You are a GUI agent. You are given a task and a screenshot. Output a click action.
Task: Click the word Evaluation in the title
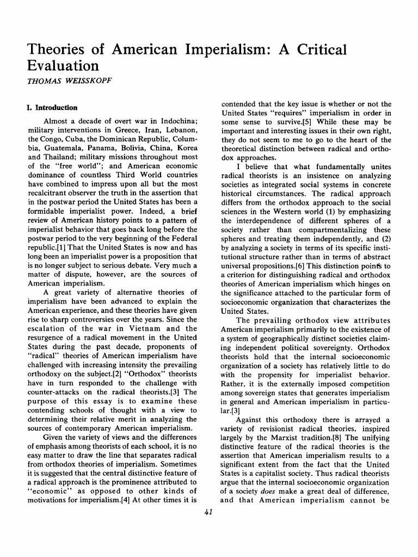(63, 66)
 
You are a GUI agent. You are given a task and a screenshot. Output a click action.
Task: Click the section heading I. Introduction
(52, 108)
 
